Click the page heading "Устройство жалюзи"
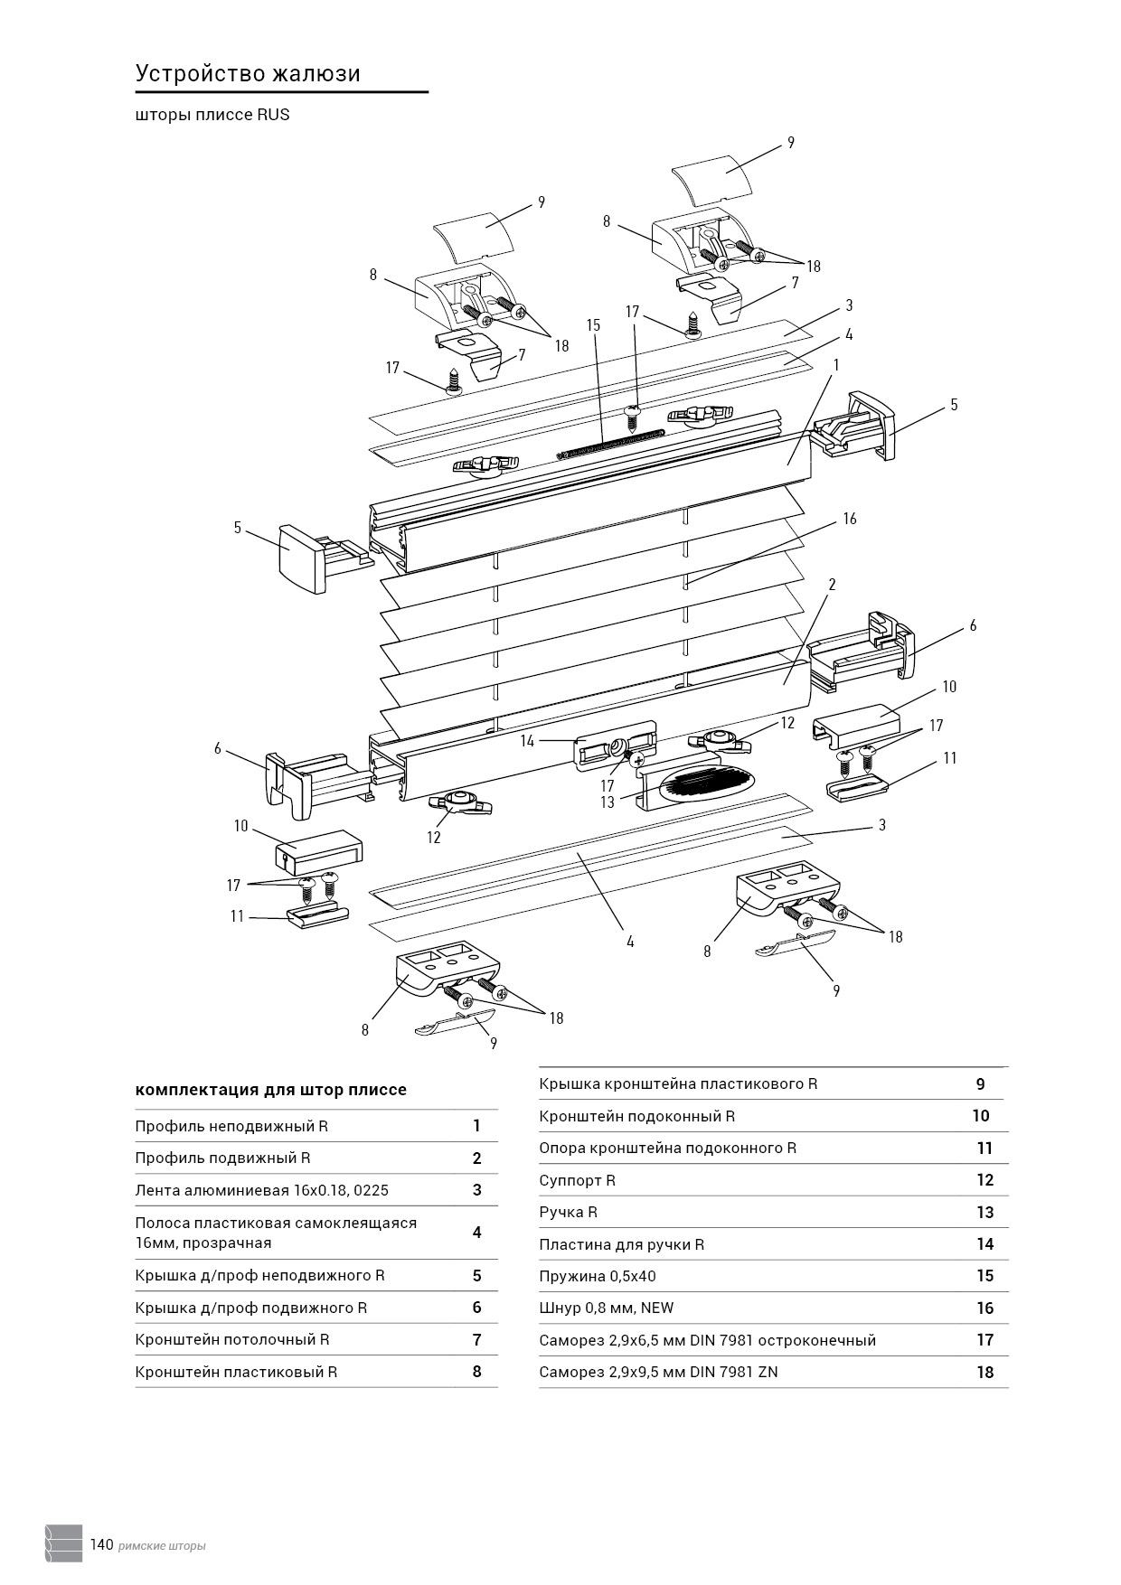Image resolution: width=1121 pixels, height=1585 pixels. [248, 74]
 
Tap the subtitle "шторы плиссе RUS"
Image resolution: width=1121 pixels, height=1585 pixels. [212, 115]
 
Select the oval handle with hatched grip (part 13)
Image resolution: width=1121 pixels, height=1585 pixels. [707, 783]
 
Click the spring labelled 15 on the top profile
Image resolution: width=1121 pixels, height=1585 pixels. [610, 443]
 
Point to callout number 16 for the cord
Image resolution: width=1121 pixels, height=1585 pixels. [849, 519]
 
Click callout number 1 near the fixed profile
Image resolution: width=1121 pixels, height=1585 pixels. [836, 365]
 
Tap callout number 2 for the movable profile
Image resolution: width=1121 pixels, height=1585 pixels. [832, 585]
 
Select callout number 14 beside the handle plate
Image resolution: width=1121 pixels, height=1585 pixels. [527, 741]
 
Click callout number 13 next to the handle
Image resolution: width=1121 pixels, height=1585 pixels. [607, 802]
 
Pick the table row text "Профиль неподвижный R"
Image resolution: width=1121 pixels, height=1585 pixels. [231, 1126]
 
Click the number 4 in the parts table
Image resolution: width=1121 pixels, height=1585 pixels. [476, 1233]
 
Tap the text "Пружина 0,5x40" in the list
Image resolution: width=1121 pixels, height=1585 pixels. [598, 1276]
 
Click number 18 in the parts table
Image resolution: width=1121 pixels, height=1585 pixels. [984, 1372]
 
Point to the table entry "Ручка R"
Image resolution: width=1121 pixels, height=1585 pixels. [568, 1212]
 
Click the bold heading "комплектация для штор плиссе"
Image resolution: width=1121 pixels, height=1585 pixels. [270, 1090]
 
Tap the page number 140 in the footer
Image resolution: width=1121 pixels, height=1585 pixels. [101, 1544]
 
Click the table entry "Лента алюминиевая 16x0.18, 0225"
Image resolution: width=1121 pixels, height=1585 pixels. [261, 1190]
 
